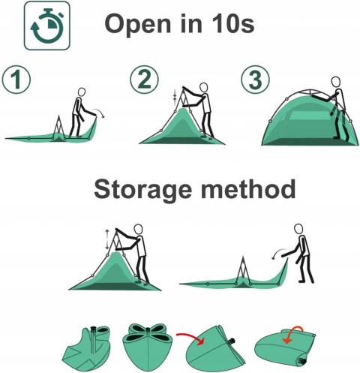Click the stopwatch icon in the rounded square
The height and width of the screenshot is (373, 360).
pyautogui.click(x=47, y=26)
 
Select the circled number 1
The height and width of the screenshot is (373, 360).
pyautogui.click(x=16, y=80)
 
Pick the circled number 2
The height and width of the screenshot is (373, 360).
pyautogui.click(x=144, y=80)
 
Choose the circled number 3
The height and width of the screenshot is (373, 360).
pyautogui.click(x=255, y=80)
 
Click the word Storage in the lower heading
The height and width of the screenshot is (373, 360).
pyautogui.click(x=142, y=190)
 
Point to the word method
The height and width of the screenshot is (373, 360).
pyautogui.click(x=248, y=188)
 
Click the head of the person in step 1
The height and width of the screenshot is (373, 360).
pyautogui.click(x=82, y=92)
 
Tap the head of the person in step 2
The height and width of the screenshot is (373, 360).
pyautogui.click(x=204, y=88)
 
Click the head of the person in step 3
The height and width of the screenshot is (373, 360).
pyautogui.click(x=336, y=82)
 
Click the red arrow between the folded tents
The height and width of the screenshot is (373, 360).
pyautogui.click(x=190, y=338)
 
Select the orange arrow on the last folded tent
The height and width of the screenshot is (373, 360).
pyautogui.click(x=293, y=332)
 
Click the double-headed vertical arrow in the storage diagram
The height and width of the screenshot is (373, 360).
pyautogui.click(x=107, y=239)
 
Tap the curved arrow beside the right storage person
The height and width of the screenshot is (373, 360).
pyautogui.click(x=278, y=252)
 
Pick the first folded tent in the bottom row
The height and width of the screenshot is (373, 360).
pyautogui.click(x=86, y=349)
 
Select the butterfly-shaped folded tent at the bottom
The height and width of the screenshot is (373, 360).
pyautogui.click(x=148, y=347)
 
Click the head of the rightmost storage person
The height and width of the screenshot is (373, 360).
pyautogui.click(x=298, y=229)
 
